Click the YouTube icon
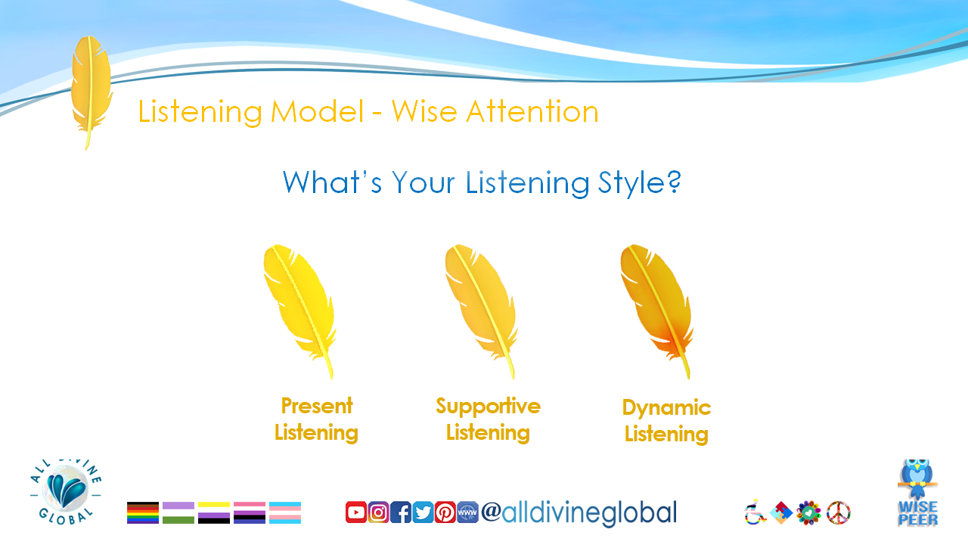pos(356,512)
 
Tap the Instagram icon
pos(379,512)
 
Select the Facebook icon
pos(401,512)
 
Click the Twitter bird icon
pos(423,512)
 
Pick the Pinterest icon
pos(445,512)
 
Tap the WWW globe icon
pos(467,512)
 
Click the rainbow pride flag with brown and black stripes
pos(143,512)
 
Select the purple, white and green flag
pos(178,512)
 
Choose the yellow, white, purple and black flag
pos(214,512)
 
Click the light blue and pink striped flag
pos(285,512)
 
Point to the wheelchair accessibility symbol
pos(755,512)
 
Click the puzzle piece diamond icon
pos(781,512)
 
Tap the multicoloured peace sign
pos(839,512)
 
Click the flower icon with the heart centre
pos(809,512)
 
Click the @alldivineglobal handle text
pos(579,512)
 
